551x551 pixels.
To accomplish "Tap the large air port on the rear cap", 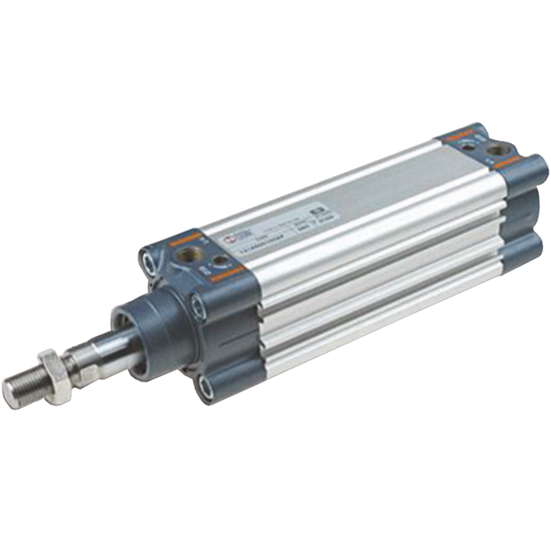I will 498,149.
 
